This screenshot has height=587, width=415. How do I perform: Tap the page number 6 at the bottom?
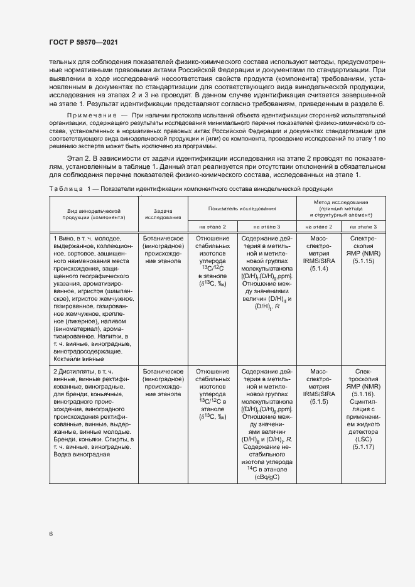(50, 534)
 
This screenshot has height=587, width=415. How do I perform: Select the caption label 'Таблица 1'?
(70, 189)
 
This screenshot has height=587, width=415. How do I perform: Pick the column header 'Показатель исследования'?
(242, 208)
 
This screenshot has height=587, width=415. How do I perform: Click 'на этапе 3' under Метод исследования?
(363, 226)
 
